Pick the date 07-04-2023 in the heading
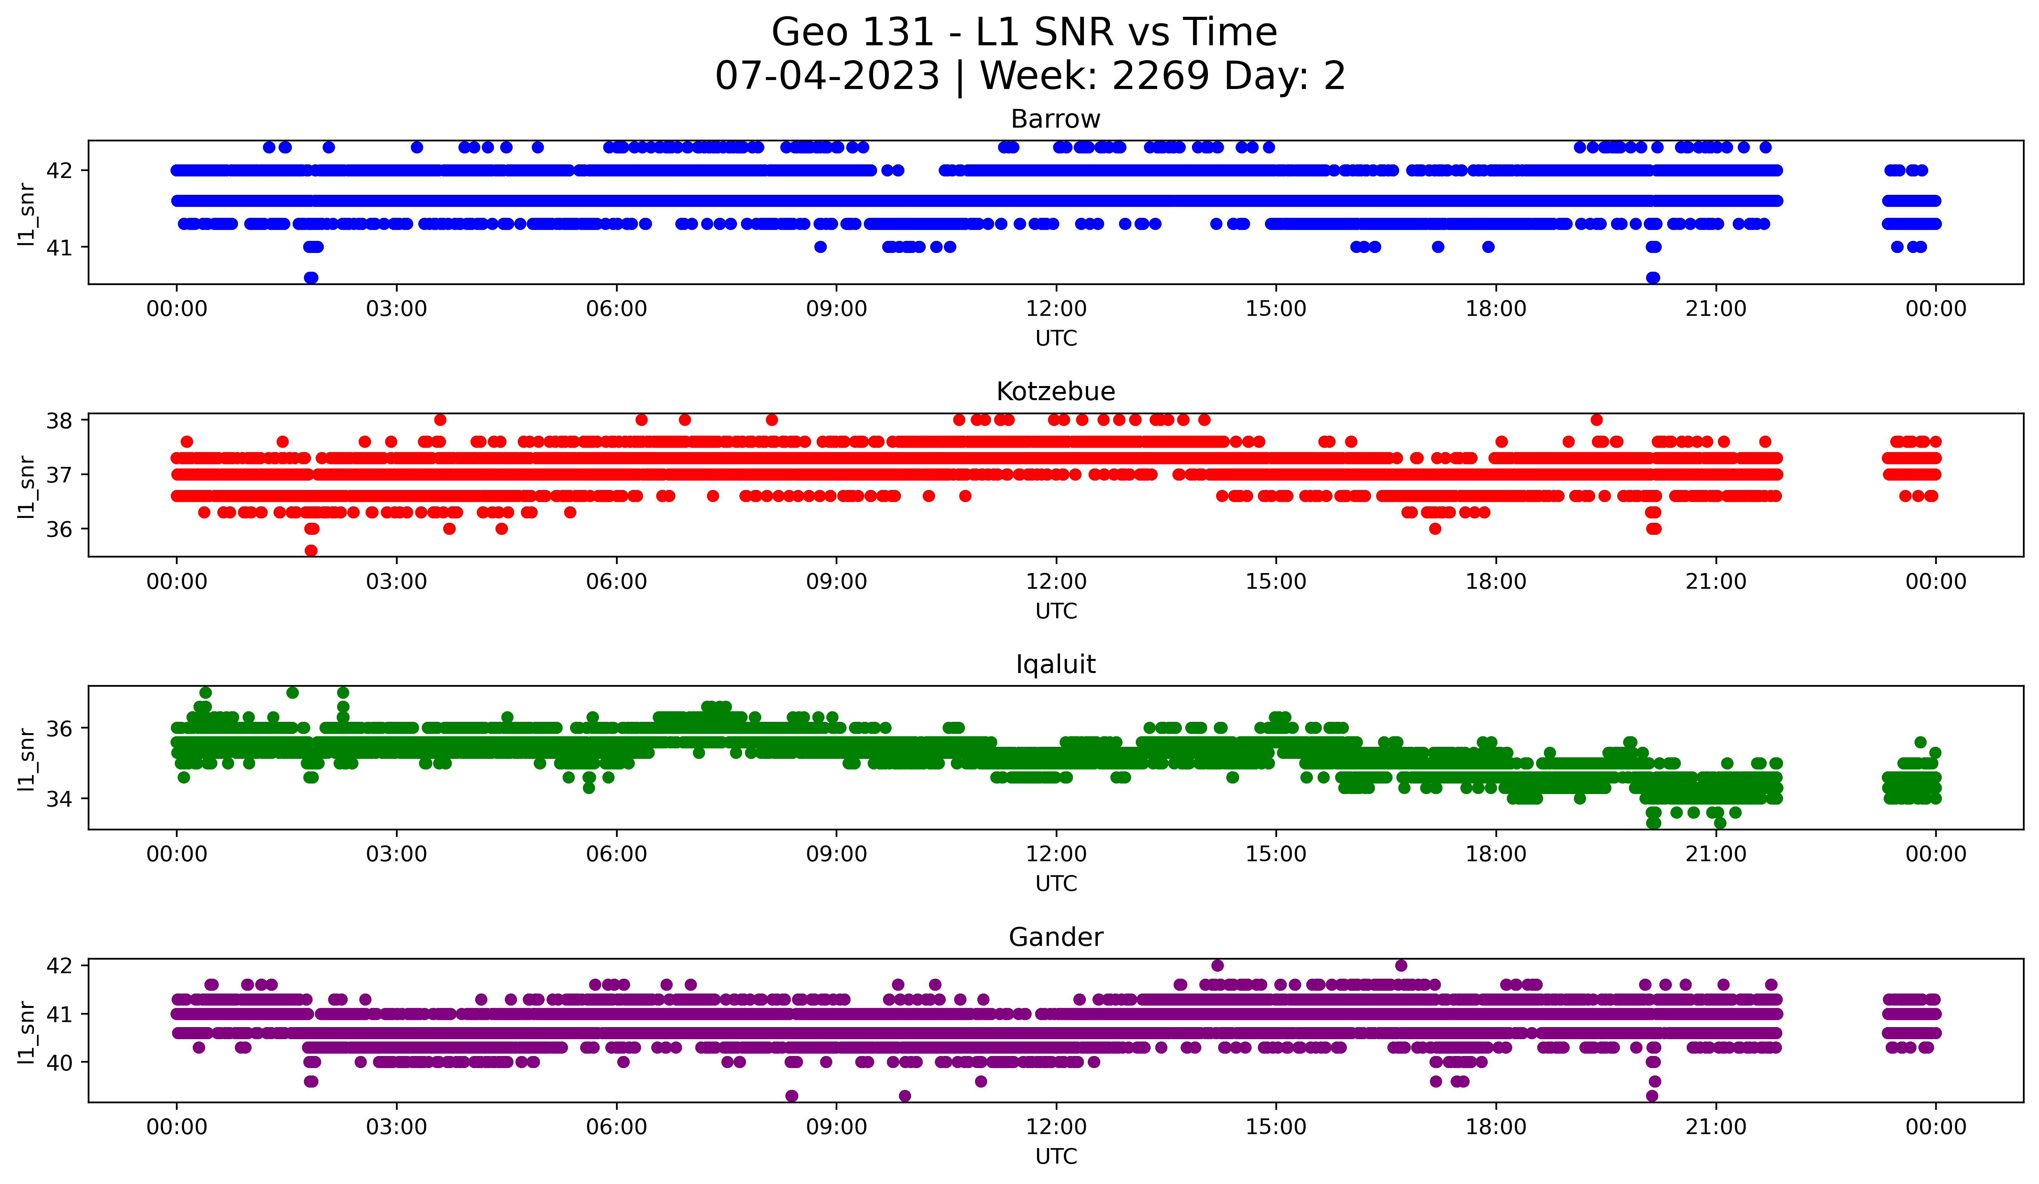click(x=827, y=76)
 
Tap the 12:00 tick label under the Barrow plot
click(x=1056, y=309)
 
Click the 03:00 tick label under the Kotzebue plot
click(x=396, y=582)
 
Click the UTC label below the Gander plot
click(x=1056, y=1157)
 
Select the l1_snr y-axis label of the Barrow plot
click(x=27, y=214)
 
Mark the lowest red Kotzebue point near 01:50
click(x=311, y=550)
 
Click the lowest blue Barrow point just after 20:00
click(x=1653, y=278)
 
